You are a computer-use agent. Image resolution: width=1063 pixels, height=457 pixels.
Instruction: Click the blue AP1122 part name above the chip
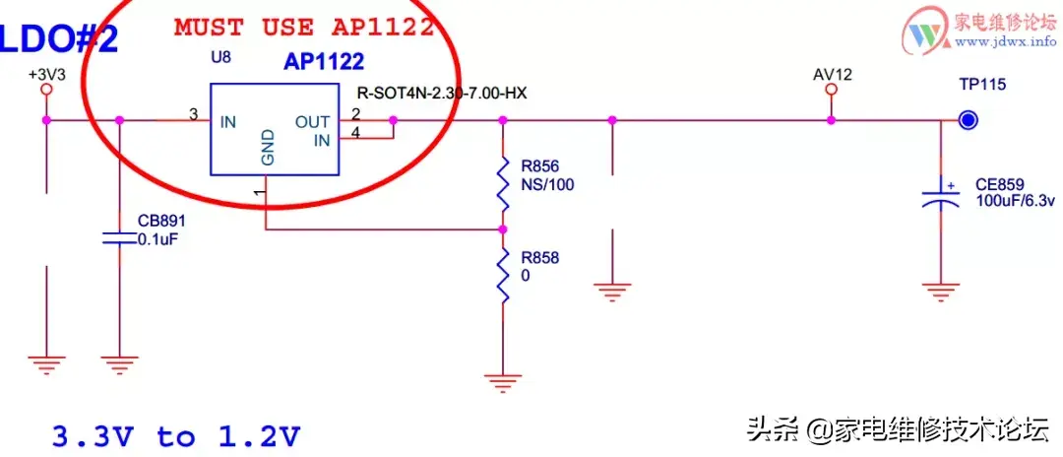pyautogui.click(x=324, y=62)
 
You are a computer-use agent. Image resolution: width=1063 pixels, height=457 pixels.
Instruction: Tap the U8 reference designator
pyautogui.click(x=221, y=57)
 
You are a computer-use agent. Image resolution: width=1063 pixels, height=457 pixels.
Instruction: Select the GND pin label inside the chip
pyautogui.click(x=268, y=149)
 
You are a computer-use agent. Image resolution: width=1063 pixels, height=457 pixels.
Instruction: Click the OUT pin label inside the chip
pyautogui.click(x=313, y=122)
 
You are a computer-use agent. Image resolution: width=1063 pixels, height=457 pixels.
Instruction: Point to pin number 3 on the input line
pyautogui.click(x=194, y=115)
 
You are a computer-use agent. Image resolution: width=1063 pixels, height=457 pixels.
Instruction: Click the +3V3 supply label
pyautogui.click(x=47, y=74)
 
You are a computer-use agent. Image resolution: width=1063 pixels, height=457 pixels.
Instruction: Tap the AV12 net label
pyautogui.click(x=833, y=74)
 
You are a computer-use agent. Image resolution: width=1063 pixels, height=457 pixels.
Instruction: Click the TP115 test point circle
pyautogui.click(x=969, y=121)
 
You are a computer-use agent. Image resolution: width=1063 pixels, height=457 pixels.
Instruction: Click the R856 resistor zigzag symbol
pyautogui.click(x=502, y=184)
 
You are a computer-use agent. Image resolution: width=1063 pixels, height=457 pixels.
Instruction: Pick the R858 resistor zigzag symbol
pyautogui.click(x=502, y=276)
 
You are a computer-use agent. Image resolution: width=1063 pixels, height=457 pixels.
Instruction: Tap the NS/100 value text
pyautogui.click(x=547, y=184)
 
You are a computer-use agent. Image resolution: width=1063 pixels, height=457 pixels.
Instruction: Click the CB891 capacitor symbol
pyautogui.click(x=119, y=237)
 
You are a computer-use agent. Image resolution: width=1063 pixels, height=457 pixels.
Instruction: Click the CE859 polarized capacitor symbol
pyautogui.click(x=941, y=195)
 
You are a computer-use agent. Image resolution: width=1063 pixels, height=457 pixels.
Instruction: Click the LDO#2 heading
pyautogui.click(x=60, y=39)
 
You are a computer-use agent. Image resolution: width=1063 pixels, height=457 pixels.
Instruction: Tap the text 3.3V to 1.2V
pyautogui.click(x=176, y=436)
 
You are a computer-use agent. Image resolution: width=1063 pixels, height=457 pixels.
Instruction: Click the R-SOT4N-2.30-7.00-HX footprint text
pyautogui.click(x=441, y=94)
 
